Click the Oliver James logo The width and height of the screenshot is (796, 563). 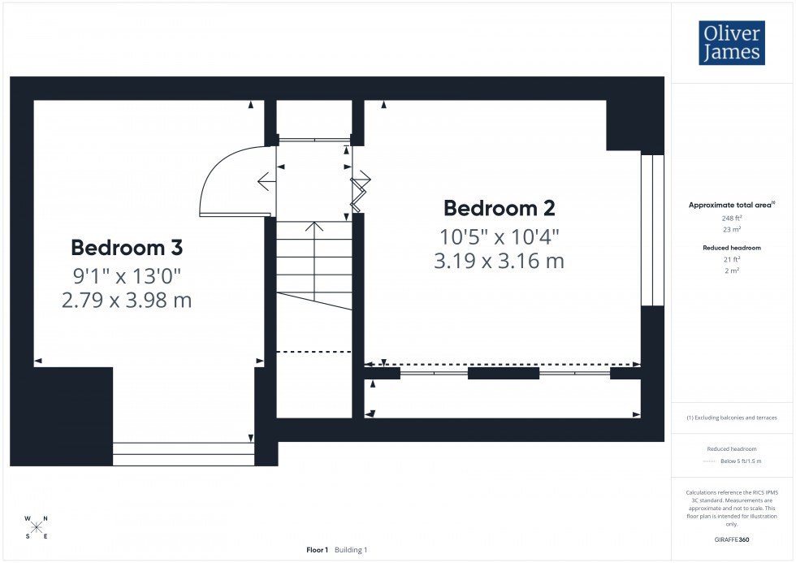(731, 43)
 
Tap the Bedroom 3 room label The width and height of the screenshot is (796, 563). (127, 247)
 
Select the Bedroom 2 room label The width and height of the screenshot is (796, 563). (500, 208)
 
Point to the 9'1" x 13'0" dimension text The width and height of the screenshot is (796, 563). (127, 275)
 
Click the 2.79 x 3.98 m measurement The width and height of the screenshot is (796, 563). (127, 301)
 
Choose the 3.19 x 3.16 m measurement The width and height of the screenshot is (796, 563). (500, 262)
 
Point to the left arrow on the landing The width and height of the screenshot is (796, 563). (265, 181)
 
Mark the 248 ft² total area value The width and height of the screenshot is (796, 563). (732, 218)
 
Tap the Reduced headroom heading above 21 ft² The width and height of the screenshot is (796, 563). (732, 248)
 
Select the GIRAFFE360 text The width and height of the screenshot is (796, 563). (732, 539)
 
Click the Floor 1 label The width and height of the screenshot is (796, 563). (317, 550)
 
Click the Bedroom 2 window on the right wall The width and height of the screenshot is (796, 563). (652, 230)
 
